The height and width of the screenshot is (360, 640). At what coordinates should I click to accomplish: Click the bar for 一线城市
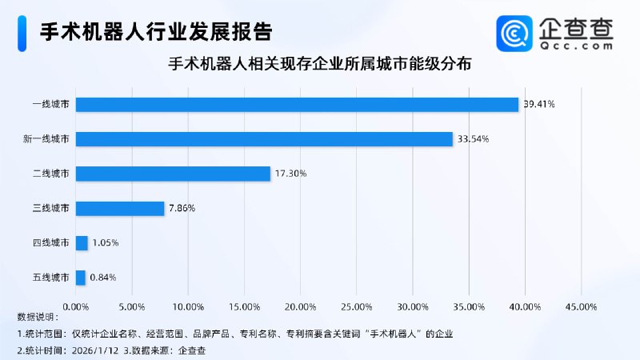pos(297,104)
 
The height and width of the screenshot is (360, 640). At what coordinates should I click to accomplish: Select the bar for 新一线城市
pos(264,138)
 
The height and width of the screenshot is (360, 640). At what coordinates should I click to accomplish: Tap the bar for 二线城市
pos(173,174)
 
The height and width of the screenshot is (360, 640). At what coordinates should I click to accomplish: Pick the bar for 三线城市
pos(120,208)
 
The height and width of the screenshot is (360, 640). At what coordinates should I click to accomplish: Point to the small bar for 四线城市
pos(82,243)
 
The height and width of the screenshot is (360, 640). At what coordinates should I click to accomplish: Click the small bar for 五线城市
pos(80,278)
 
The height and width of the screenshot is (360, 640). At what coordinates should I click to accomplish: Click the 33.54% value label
pos(473,139)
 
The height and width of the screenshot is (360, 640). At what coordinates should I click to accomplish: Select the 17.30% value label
pos(290,174)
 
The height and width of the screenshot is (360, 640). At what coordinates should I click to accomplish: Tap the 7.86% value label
pos(182,208)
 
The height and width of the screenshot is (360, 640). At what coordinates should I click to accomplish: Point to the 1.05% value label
pos(106,243)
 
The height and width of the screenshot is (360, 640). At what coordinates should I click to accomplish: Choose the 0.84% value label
pos(103,278)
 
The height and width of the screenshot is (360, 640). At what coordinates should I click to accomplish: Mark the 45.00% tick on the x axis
pos(581,306)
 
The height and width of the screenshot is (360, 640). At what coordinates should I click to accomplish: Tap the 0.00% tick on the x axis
pos(75,306)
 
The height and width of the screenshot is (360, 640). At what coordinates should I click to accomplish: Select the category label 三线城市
pos(50,208)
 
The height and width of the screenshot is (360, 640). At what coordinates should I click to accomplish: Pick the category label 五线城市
pos(50,278)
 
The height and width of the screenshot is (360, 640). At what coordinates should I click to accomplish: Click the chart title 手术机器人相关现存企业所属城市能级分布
pos(320,65)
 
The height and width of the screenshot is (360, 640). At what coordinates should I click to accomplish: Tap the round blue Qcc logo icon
pos(514,33)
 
